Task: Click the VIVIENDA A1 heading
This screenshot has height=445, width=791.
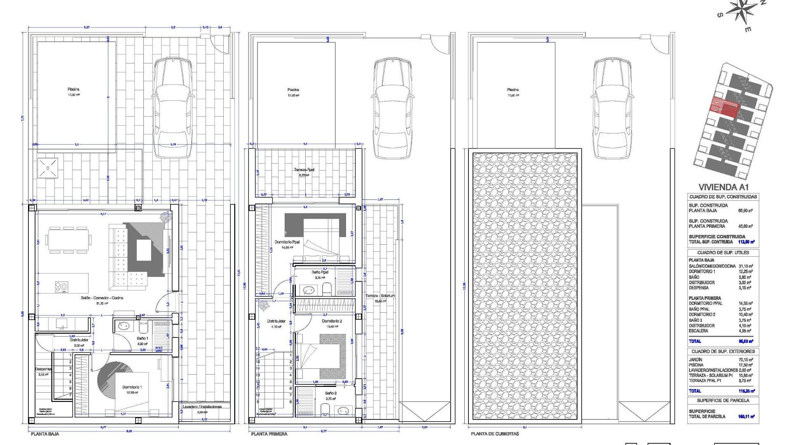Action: point(723,187)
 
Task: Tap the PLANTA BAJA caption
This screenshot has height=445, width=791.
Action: point(45,434)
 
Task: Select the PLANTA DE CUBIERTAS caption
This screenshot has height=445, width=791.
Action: point(495,434)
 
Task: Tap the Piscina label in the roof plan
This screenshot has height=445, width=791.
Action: point(513,90)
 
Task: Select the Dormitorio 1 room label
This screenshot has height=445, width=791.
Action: point(132,387)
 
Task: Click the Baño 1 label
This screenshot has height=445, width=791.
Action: point(142,338)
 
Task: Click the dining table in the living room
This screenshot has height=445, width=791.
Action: point(69,240)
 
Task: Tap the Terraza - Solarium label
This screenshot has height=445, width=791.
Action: point(380,296)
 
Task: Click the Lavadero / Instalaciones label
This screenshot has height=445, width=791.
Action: point(202,407)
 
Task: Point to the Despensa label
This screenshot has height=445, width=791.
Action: point(43,369)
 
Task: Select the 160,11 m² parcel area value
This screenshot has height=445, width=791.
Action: point(747,417)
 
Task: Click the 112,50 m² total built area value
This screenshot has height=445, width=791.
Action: point(746,242)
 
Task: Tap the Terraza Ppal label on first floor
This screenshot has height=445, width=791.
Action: point(304,169)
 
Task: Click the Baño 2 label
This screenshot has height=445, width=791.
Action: point(330,393)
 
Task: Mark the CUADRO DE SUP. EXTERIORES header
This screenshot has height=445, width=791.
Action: point(723,351)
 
